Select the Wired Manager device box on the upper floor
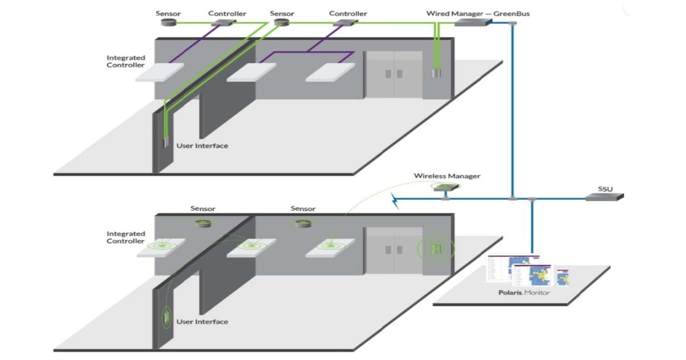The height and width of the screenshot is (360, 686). tap(473, 22)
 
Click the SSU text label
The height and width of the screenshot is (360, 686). tap(605, 187)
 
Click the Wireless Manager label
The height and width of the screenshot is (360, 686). tap(447, 176)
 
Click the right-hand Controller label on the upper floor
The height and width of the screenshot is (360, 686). tap(348, 13)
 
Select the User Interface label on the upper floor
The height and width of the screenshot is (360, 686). tap(202, 146)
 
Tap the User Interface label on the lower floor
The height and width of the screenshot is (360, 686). tap(202, 322)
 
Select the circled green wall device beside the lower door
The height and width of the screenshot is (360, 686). tap(437, 249)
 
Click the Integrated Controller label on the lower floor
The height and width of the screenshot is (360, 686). tap(126, 237)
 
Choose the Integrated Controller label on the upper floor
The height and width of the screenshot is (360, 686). tap(126, 61)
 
